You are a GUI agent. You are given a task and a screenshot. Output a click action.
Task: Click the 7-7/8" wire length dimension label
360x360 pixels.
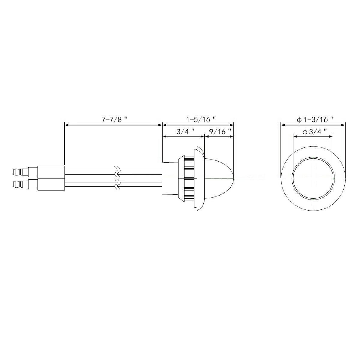(114, 119)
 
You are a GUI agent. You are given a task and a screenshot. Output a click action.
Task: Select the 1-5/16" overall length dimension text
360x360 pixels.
(201, 119)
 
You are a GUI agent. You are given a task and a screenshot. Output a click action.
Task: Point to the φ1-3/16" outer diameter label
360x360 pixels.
(315, 119)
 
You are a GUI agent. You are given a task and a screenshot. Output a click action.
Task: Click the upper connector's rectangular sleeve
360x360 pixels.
(51, 172)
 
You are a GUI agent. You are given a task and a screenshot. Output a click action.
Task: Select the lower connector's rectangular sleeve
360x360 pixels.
(51, 184)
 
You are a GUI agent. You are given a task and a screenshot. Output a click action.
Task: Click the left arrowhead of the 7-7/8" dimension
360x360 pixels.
(67, 125)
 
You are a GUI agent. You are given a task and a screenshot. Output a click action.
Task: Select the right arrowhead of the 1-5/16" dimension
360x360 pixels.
(231, 125)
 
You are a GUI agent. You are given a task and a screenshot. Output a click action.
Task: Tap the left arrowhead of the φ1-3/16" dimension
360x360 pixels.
(283, 125)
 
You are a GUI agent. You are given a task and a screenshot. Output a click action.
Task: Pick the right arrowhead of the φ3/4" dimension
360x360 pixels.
(331, 136)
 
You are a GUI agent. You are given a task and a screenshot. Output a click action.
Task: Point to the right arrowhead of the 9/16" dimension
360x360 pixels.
(231, 136)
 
